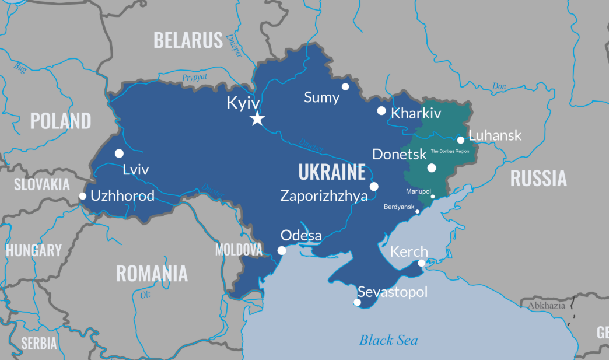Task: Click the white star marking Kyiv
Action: point(257,119)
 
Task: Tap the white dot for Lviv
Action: point(119,153)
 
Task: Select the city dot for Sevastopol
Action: point(358,302)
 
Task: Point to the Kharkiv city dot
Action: point(381,110)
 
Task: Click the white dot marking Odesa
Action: point(282,250)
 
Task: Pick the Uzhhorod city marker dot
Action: point(83,196)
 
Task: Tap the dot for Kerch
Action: point(422,263)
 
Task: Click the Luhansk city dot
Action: point(461,140)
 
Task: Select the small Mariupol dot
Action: point(433,197)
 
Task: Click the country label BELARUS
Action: point(188,40)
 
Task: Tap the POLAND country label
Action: point(61,121)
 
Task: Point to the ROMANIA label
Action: point(152,273)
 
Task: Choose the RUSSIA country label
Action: point(538,178)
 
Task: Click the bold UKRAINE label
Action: point(332,172)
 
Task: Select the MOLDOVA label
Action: point(239,250)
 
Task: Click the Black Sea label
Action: point(388,340)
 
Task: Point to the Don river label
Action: point(499,86)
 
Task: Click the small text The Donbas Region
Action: point(450,151)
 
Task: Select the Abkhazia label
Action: point(547,306)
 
